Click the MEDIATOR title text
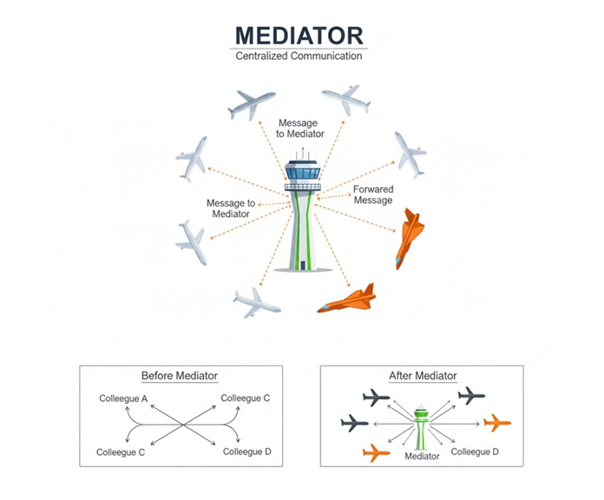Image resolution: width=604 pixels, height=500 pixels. pyautogui.click(x=299, y=36)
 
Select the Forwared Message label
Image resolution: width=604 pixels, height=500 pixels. pyautogui.click(x=373, y=194)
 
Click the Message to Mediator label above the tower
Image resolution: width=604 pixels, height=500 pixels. pyautogui.click(x=300, y=128)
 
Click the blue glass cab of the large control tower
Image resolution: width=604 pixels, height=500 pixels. pyautogui.click(x=302, y=171)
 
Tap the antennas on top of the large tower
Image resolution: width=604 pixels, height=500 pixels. pyautogui.click(x=302, y=154)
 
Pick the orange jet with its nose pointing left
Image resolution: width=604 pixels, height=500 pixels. pyautogui.click(x=347, y=299)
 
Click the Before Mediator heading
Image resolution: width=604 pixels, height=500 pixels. pyautogui.click(x=180, y=376)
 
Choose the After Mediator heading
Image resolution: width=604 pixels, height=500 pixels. pyautogui.click(x=423, y=376)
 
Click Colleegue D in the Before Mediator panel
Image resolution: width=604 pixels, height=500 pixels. pyautogui.click(x=247, y=451)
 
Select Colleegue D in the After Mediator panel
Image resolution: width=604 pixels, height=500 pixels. pyautogui.click(x=476, y=451)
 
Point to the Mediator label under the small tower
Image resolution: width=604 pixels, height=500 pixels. pyautogui.click(x=422, y=456)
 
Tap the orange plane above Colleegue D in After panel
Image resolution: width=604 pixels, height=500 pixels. pyautogui.click(x=496, y=423)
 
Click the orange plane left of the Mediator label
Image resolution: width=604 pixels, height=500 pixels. pyautogui.click(x=374, y=453)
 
